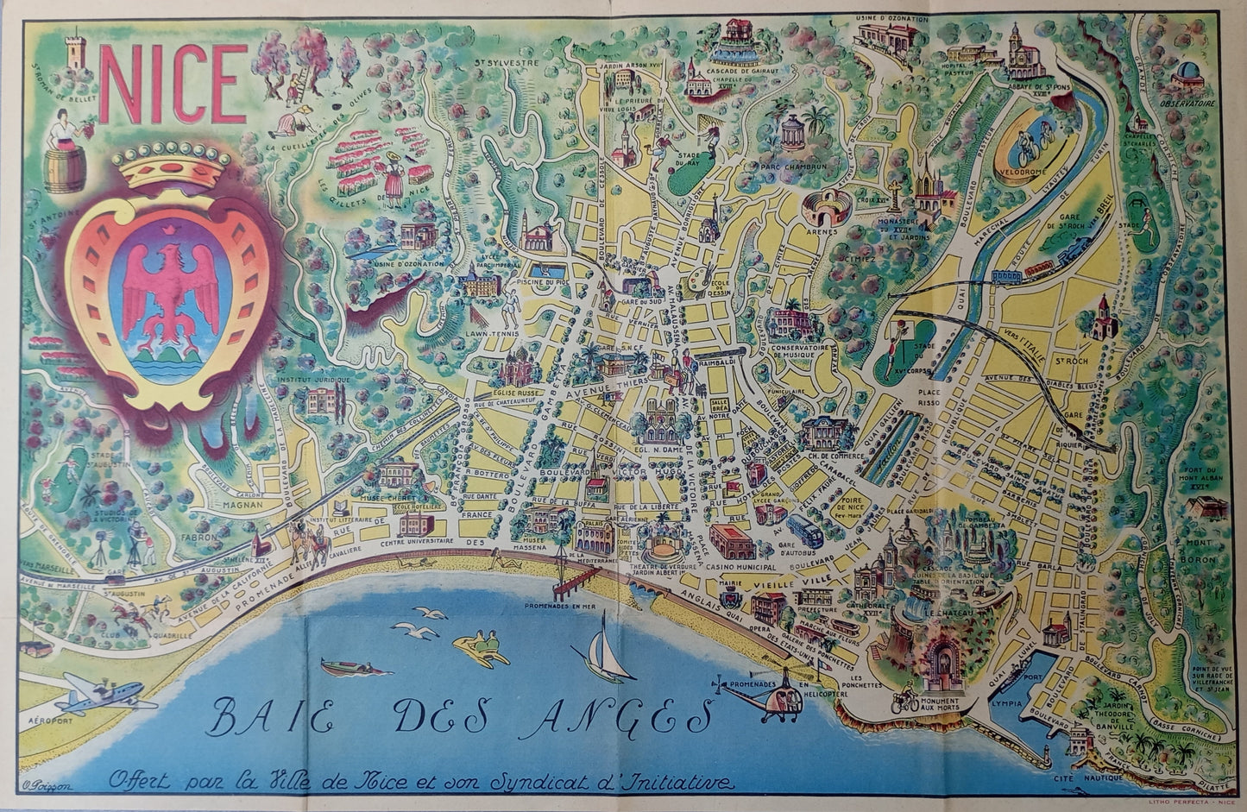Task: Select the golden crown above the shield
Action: pyautogui.click(x=177, y=164)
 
